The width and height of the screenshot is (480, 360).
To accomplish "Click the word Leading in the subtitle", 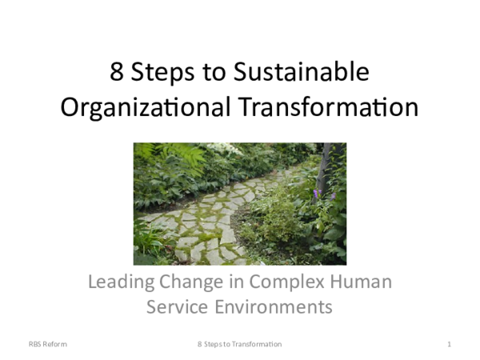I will [119, 282].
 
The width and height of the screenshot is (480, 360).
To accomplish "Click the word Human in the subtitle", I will [365, 282].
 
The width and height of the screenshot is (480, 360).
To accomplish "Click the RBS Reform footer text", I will [49, 344].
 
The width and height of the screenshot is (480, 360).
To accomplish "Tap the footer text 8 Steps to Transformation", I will [240, 344].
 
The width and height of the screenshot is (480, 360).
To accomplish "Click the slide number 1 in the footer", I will [450, 344].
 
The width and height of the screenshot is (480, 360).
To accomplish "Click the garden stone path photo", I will [240, 204].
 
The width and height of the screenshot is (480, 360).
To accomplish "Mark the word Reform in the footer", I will [56, 344].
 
